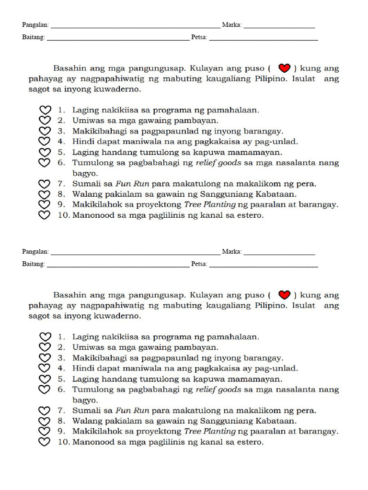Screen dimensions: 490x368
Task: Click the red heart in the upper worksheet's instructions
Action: coord(285,68)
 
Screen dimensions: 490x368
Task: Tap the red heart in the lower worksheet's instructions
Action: coord(285,295)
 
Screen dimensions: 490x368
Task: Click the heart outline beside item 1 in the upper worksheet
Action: coord(45,110)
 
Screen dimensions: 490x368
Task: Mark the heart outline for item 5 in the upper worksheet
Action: coord(45,152)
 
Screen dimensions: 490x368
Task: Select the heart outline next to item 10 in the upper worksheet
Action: coord(45,215)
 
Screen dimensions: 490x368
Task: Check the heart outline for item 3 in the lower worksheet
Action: coord(45,357)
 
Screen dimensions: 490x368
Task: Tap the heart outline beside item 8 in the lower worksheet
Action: coord(45,421)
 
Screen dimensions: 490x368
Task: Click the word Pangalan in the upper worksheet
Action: coord(35,25)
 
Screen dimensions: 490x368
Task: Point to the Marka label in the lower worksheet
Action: coord(231,252)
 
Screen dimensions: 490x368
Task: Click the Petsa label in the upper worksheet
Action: coord(199,37)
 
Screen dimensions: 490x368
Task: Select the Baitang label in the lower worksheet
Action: coord(34,264)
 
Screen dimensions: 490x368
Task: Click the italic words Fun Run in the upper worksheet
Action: coord(132,184)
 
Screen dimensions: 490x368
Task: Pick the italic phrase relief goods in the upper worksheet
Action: coord(218,163)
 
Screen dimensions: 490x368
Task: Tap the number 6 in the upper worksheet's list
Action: coord(61,163)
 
